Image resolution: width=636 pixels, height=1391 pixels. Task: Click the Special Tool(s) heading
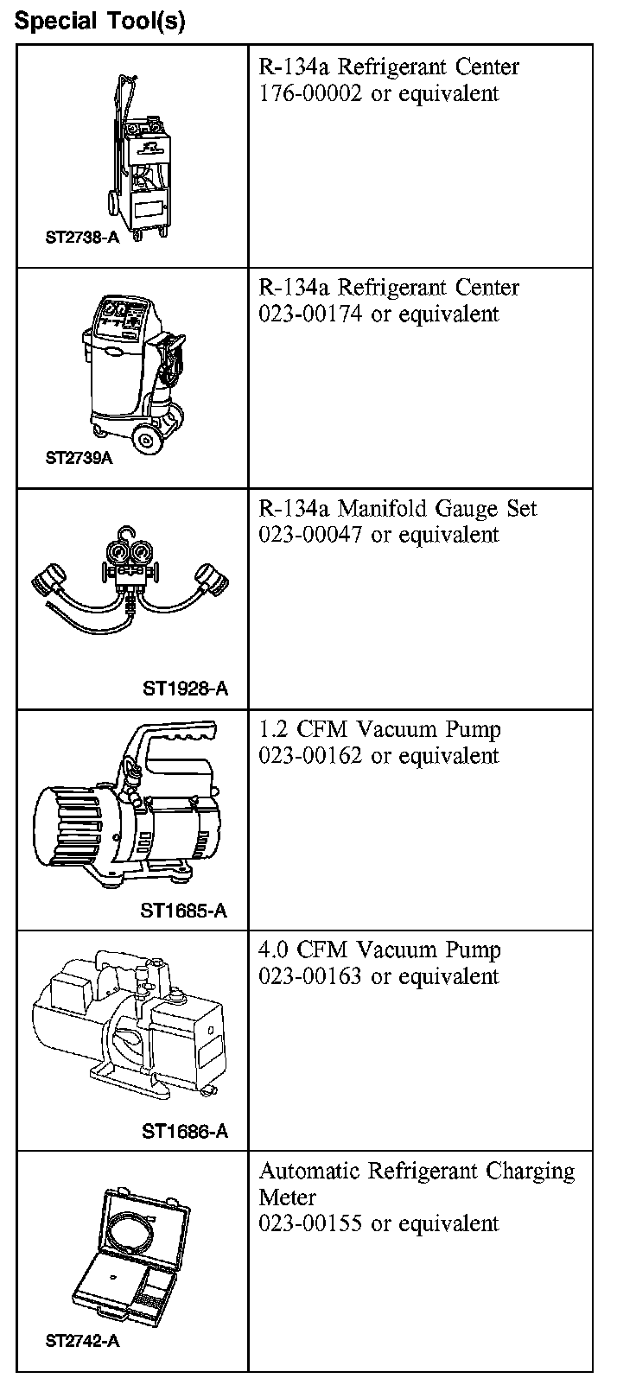(99, 21)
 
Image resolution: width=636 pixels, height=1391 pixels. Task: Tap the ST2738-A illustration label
(82, 236)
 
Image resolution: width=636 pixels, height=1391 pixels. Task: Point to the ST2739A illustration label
(79, 458)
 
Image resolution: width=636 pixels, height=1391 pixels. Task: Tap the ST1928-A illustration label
(185, 689)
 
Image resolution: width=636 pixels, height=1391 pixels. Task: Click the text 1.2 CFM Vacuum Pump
(379, 729)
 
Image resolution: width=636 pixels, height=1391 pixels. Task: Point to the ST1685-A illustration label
(184, 911)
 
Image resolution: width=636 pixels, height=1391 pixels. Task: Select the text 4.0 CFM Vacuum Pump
(379, 950)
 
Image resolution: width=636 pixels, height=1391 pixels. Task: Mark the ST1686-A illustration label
(185, 1131)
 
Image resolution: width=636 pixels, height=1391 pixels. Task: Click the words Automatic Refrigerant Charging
(417, 1172)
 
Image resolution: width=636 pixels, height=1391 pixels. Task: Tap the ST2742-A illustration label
(82, 1342)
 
